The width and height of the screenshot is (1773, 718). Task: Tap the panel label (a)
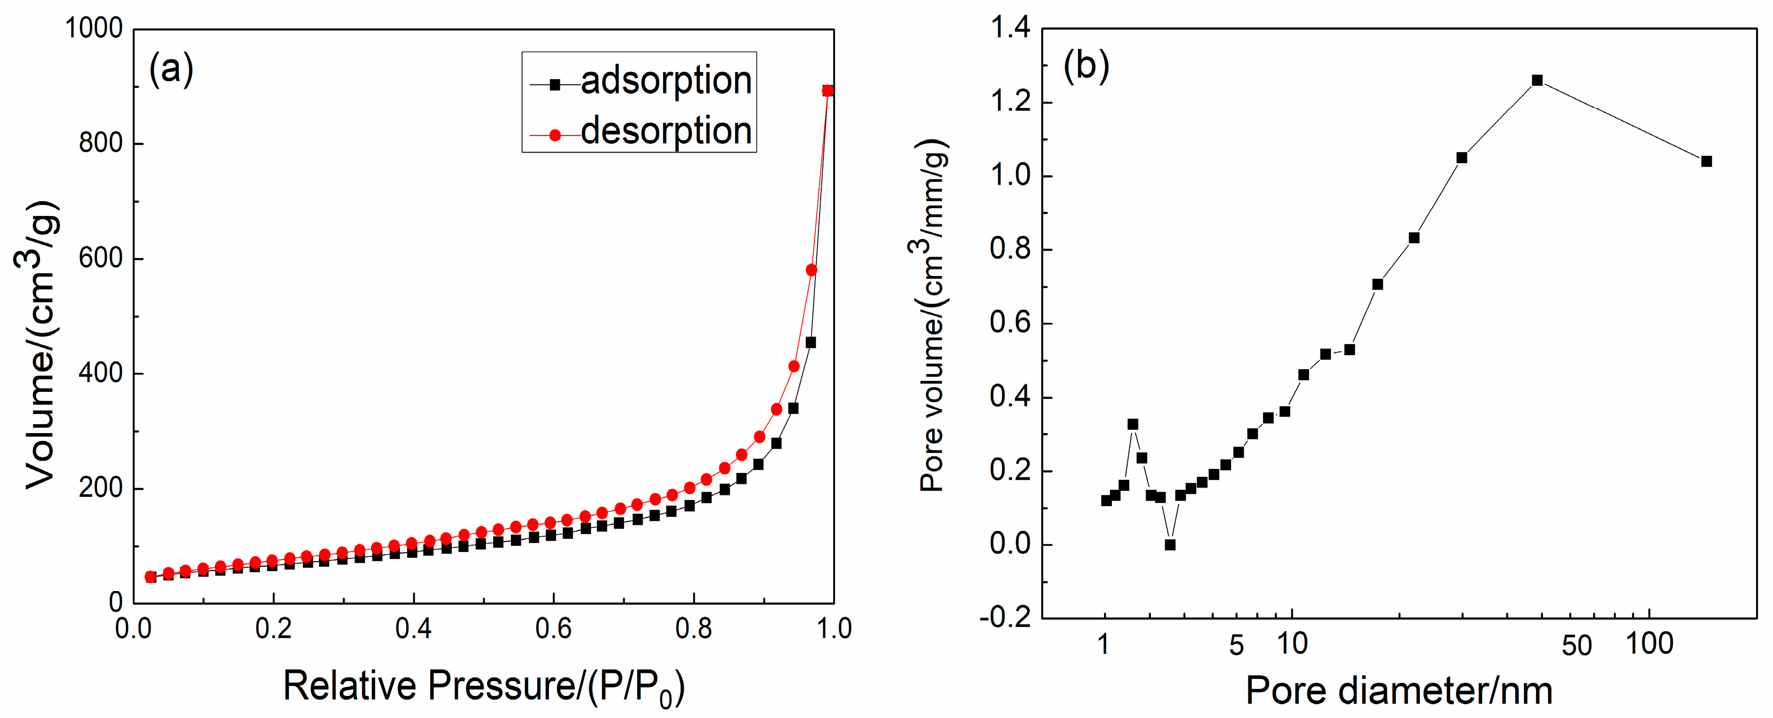pos(171,69)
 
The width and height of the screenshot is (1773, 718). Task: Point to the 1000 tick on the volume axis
pos(94,29)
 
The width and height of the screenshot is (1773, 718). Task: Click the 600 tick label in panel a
pos(101,258)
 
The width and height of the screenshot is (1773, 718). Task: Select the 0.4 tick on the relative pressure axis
pos(413,628)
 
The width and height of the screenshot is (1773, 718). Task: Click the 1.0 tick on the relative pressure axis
pos(833,628)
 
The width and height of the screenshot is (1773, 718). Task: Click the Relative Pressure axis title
pos(484,687)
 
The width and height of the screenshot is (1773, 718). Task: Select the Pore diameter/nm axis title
pos(1398,691)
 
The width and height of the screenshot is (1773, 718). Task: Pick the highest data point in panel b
pos(1537,81)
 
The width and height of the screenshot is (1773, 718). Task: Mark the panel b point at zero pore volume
pos(1170,545)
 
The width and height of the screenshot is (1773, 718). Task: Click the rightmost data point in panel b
pos(1706,161)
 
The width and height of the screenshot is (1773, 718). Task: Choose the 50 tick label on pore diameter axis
pos(1576,645)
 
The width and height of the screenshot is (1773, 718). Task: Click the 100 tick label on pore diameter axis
pos(1649,644)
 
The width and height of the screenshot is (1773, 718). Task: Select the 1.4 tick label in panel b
pos(1010,28)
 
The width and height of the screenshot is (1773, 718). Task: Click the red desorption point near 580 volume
pos(812,270)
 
